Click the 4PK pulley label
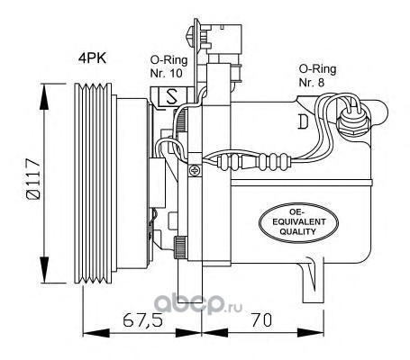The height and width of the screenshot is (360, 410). point(92,58)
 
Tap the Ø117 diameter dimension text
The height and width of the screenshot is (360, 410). point(33,179)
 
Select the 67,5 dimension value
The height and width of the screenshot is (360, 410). point(142,320)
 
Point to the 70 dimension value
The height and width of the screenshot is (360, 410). point(261,319)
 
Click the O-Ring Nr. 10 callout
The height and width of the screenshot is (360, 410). point(169,67)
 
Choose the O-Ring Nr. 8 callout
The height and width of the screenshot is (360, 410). point(317,76)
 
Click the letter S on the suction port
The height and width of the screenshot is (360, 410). point(171,96)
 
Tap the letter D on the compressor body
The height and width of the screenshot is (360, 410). point(303,121)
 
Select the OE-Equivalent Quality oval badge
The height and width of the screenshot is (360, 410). point(298,222)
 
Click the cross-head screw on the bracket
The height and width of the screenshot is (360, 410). point(196,171)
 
